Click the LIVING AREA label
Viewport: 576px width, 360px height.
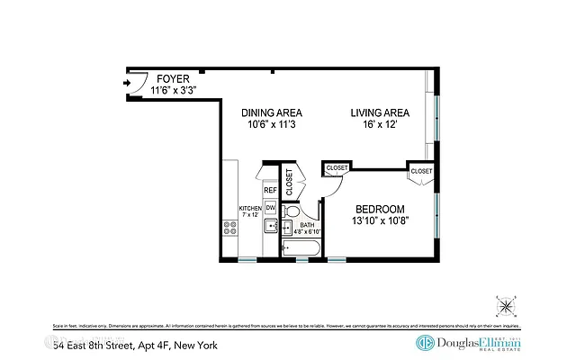380,112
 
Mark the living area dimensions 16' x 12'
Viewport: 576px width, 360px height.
380,126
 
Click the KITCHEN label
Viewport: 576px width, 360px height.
249,208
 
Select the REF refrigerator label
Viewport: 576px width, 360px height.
269,191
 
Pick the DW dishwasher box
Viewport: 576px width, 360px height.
269,208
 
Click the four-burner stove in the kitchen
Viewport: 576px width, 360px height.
229,228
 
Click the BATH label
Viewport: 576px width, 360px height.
307,225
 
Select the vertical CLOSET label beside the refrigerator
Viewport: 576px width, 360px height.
290,183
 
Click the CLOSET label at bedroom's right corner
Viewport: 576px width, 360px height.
421,171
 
